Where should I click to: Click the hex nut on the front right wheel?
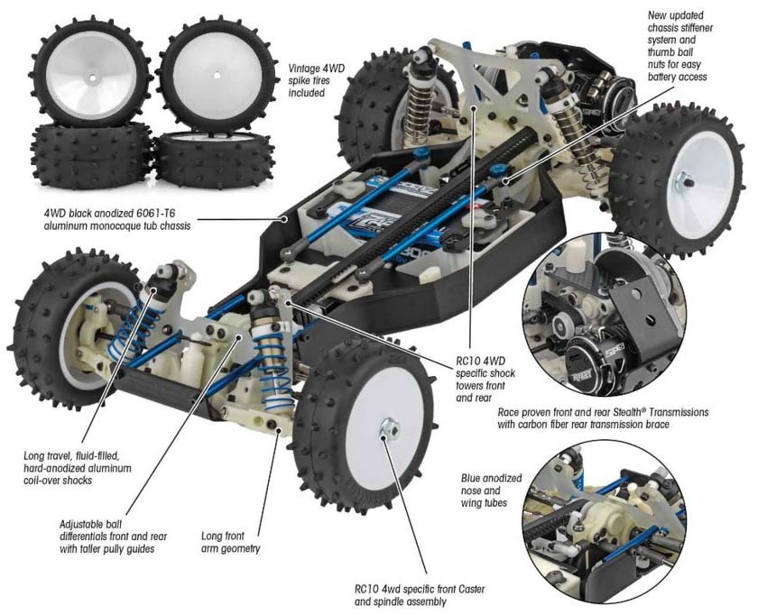click(389, 428)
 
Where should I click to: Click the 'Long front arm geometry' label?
click(230, 542)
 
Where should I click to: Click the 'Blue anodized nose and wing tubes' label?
click(491, 491)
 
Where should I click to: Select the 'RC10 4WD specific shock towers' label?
click(485, 380)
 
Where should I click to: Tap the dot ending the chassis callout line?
click(283, 219)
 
